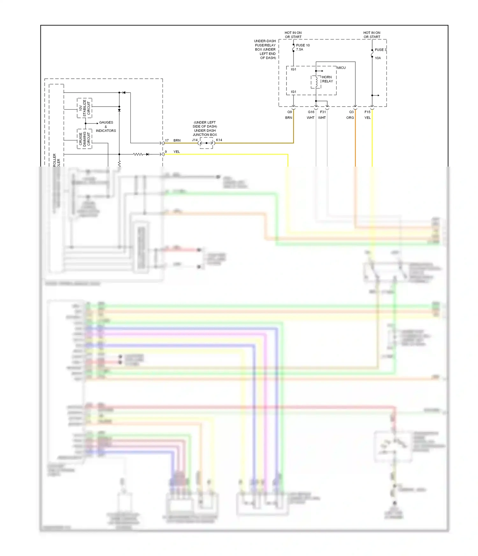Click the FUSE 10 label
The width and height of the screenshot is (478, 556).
click(303, 45)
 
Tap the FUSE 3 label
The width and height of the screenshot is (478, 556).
click(380, 50)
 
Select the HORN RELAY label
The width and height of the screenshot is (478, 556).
click(327, 79)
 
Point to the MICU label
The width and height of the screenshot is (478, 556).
click(341, 68)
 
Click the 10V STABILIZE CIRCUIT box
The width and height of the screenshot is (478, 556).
click(84, 108)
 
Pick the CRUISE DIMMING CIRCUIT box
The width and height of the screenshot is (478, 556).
click(84, 139)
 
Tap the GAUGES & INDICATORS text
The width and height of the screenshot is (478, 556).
click(106, 126)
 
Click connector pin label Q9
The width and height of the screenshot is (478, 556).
click(289, 112)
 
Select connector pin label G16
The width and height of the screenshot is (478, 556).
click(311, 112)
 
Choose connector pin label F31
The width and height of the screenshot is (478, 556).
click(323, 112)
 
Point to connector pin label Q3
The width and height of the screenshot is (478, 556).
click(351, 112)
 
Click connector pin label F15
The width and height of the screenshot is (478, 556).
click(367, 112)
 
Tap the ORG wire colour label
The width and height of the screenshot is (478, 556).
click(350, 118)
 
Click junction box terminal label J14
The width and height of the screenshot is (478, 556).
click(195, 140)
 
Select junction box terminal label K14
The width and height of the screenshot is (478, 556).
click(219, 140)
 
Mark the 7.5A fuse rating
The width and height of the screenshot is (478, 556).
click(300, 50)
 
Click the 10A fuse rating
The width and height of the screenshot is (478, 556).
click(378, 58)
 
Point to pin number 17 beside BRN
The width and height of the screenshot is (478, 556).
click(167, 140)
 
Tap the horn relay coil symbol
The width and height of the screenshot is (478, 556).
click(316, 82)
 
